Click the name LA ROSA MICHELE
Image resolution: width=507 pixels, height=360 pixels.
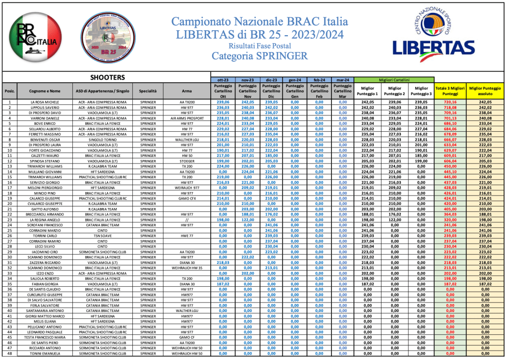click(45, 102)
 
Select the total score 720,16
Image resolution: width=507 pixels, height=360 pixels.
click(450, 102)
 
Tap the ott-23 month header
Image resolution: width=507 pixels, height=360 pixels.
click(223, 79)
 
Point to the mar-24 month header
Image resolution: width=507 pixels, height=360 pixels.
click(341, 79)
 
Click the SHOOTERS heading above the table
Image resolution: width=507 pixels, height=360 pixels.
click(107, 78)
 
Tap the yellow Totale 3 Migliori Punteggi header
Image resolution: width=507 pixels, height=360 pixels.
click(450, 90)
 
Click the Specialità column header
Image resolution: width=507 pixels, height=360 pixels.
click(148, 91)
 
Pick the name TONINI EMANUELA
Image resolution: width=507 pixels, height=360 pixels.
click(45, 353)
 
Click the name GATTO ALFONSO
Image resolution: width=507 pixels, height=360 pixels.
click(45, 209)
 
